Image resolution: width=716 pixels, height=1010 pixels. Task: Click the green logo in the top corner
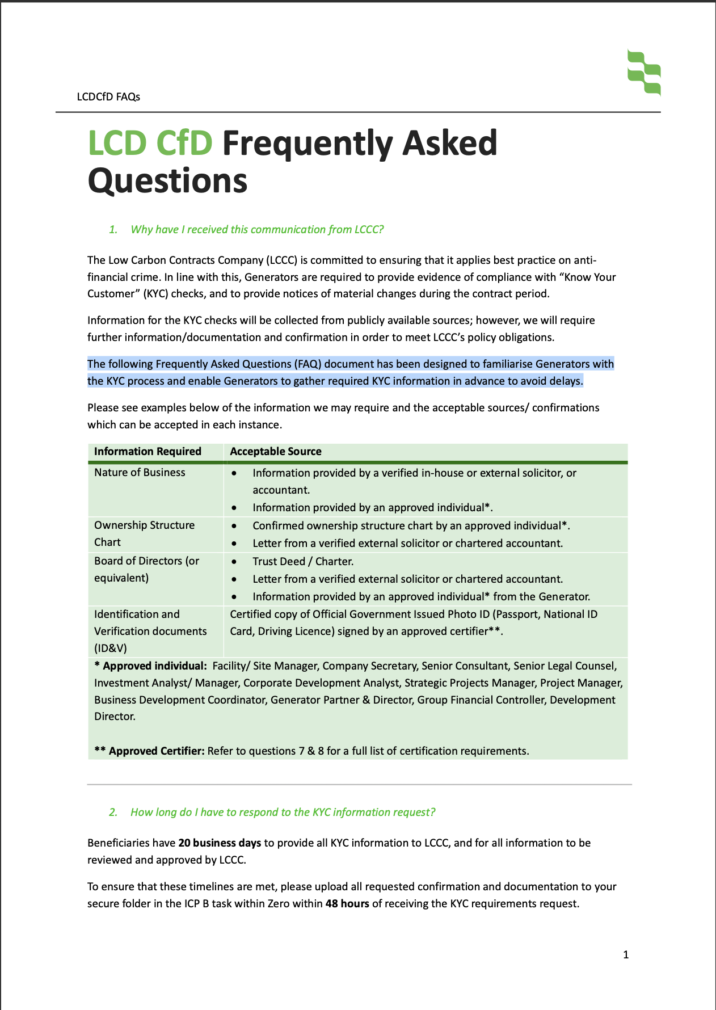[x=644, y=72]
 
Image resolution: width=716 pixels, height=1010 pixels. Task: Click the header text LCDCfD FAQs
[x=108, y=96]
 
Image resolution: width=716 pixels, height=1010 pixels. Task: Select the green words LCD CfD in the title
[x=150, y=143]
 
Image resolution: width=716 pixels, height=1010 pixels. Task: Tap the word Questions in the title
[x=167, y=181]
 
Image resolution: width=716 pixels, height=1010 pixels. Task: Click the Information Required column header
[x=148, y=451]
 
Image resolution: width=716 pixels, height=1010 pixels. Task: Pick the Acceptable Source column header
[x=275, y=451]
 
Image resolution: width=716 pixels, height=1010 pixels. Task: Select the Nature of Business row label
[x=140, y=472]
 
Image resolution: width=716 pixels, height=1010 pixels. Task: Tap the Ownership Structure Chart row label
[x=144, y=533]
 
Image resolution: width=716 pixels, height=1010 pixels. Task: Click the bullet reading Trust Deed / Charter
[x=303, y=561]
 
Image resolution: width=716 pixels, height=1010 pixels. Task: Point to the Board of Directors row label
[x=146, y=569]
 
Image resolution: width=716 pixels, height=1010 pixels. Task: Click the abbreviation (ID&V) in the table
[x=111, y=648]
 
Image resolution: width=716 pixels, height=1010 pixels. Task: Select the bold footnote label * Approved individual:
[x=150, y=666]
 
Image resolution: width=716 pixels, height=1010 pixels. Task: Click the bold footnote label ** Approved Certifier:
[x=149, y=751]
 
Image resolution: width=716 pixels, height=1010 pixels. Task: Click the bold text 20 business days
[x=220, y=843]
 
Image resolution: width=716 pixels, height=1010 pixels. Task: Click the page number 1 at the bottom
[x=626, y=954]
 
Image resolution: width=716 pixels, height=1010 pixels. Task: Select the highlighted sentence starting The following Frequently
[x=350, y=372]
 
